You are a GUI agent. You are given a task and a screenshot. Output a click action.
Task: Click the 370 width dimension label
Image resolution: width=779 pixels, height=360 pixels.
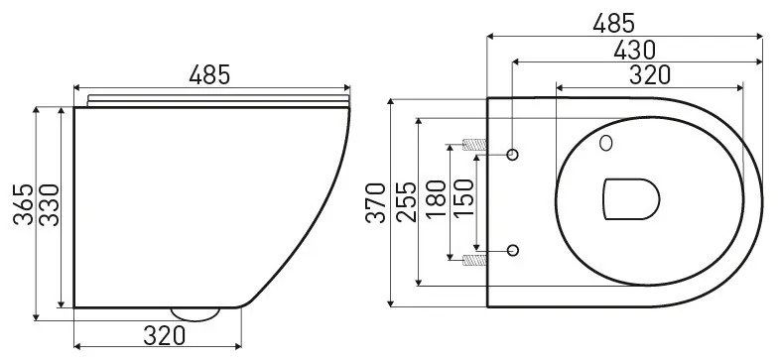[x=375, y=203]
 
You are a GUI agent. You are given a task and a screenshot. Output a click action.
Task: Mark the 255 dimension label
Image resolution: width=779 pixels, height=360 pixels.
[x=405, y=203]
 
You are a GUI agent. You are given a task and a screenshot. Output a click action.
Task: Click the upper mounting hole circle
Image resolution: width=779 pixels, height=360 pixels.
[x=513, y=154]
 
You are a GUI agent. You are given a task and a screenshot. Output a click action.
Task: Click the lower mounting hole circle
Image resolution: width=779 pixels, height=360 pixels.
[x=513, y=249]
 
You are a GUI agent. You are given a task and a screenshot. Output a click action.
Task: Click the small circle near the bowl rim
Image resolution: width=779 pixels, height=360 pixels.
[x=605, y=145]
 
